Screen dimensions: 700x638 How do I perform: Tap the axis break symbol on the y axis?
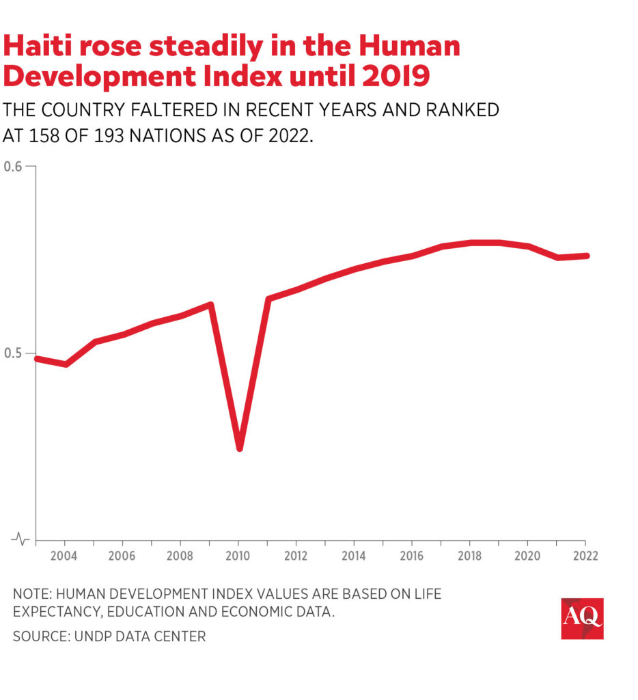click(22, 539)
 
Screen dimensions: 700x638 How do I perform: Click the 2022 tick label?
click(585, 556)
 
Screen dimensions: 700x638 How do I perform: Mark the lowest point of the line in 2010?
click(240, 447)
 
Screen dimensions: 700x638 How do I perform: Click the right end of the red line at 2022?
click(587, 256)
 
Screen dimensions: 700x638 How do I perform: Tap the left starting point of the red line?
click(37, 358)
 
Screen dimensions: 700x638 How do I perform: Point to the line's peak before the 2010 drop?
click(210, 305)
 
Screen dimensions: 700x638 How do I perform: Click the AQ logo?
click(582, 619)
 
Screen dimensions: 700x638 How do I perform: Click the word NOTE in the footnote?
click(33, 594)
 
